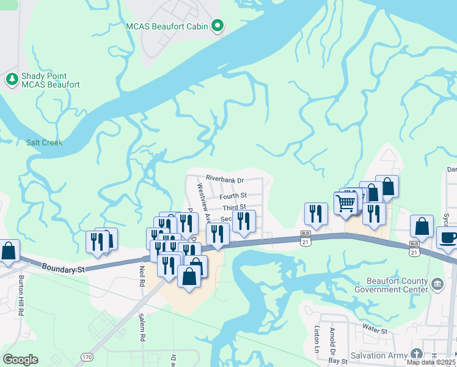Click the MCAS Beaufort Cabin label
pyautogui.click(x=167, y=26)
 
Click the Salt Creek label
pyautogui.click(x=44, y=143)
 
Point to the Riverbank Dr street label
pyautogui.click(x=224, y=180)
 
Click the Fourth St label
pyautogui.click(x=234, y=196)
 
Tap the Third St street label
pyautogui.click(x=234, y=208)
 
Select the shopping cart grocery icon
pyautogui.click(x=345, y=202)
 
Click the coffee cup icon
pyautogui.click(x=448, y=237)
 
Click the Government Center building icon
pyautogui.click(x=437, y=283)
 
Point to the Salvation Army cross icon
pyautogui.click(x=416, y=354)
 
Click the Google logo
pyautogui.click(x=20, y=359)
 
